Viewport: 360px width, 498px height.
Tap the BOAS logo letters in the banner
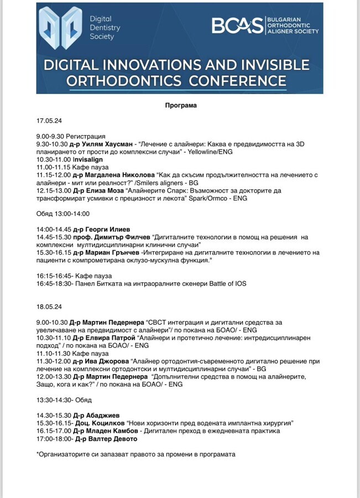(238, 25)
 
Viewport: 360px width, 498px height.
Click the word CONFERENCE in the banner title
(238, 81)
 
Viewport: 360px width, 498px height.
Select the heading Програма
(180, 105)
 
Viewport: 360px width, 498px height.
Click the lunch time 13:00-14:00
(72, 214)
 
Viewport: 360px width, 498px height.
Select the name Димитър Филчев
(113, 236)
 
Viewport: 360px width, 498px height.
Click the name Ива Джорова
(106, 361)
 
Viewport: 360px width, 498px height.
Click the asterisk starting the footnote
(38, 454)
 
